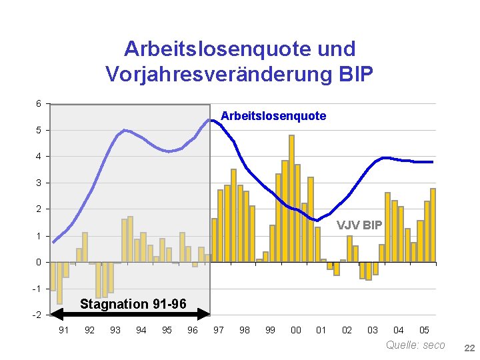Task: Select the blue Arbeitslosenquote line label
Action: [273, 116]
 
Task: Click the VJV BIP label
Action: [359, 225]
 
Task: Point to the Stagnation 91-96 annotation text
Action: [133, 304]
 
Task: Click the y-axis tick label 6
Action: [39, 103]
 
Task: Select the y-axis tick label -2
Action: [37, 315]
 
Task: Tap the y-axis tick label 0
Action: [39, 262]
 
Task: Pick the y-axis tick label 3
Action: [39, 183]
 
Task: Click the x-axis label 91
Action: [63, 330]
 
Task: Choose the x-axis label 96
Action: [192, 330]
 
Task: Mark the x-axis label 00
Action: [295, 330]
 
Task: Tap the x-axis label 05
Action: [424, 330]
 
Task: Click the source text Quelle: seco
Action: [415, 345]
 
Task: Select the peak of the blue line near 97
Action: [210, 120]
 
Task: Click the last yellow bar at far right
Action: [433, 225]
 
